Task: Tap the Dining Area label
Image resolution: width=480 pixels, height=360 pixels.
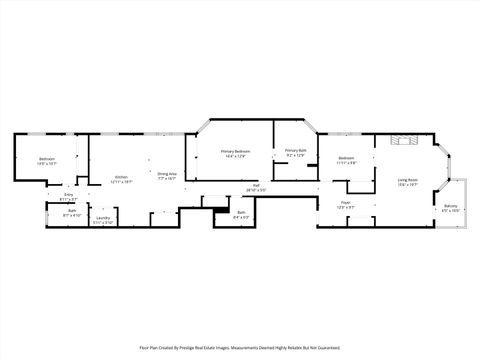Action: coord(167,173)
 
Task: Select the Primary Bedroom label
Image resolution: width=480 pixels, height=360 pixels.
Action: coord(236,150)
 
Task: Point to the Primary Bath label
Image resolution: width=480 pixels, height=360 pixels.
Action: coord(296,150)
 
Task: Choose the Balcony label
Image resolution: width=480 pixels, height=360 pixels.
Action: coord(451,206)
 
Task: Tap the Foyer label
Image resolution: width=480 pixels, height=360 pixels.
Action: coord(345,202)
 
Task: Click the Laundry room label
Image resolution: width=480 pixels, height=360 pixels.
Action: coord(102,218)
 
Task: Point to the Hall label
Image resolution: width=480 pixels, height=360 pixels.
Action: coord(256,185)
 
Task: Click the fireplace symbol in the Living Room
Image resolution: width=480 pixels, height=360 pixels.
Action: coord(404,139)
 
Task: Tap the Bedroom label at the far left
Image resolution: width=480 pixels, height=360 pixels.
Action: coord(47,159)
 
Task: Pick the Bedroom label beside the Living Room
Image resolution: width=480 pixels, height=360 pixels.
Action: coord(346,158)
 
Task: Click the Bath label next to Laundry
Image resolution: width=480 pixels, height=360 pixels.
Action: coord(72,211)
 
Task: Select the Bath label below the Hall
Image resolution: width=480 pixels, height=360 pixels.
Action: coord(238,212)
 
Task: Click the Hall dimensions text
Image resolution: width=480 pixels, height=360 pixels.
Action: coord(256,190)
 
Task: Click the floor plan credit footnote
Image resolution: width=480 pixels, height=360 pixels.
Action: coord(240,347)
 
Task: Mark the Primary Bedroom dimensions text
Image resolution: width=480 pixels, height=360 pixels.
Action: coord(236,155)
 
